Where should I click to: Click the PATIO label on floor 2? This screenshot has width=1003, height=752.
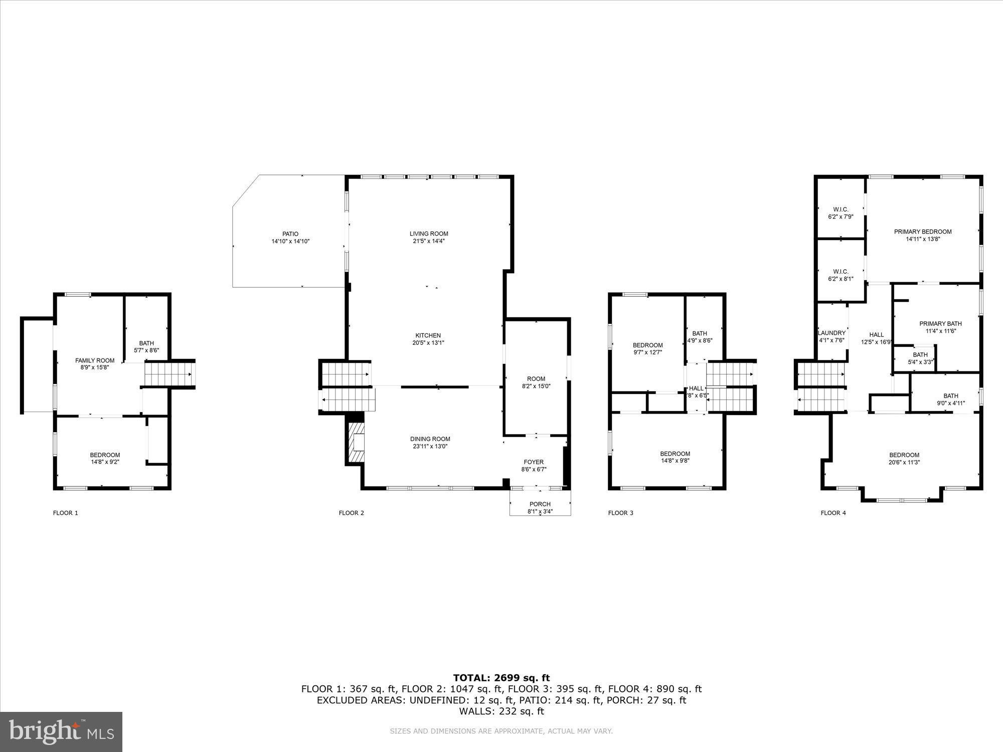pos(290,234)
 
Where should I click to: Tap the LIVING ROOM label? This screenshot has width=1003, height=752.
pos(429,234)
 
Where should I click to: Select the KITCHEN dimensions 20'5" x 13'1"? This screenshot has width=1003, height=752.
pos(428,343)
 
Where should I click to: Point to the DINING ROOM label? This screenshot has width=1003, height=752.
pos(430,439)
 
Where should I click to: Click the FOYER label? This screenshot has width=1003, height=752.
pos(534,462)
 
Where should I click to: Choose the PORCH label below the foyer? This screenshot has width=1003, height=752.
pos(540,504)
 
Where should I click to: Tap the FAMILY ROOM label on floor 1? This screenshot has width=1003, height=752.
pos(95,360)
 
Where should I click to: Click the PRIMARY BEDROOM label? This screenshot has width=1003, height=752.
pos(923,232)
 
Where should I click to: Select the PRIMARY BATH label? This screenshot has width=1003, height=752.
pos(940,324)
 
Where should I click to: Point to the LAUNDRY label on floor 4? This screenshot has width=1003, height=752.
pos(831,333)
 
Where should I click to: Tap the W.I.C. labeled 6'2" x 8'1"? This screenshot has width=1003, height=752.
pos(841,275)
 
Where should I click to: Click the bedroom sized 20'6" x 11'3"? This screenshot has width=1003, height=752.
pos(904,459)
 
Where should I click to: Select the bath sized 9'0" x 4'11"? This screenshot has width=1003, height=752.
pos(951,399)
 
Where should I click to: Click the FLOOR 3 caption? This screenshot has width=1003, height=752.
pos(621,513)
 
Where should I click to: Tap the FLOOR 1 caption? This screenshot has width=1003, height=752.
pos(66,513)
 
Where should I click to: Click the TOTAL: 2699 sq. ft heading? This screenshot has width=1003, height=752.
pos(501,678)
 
